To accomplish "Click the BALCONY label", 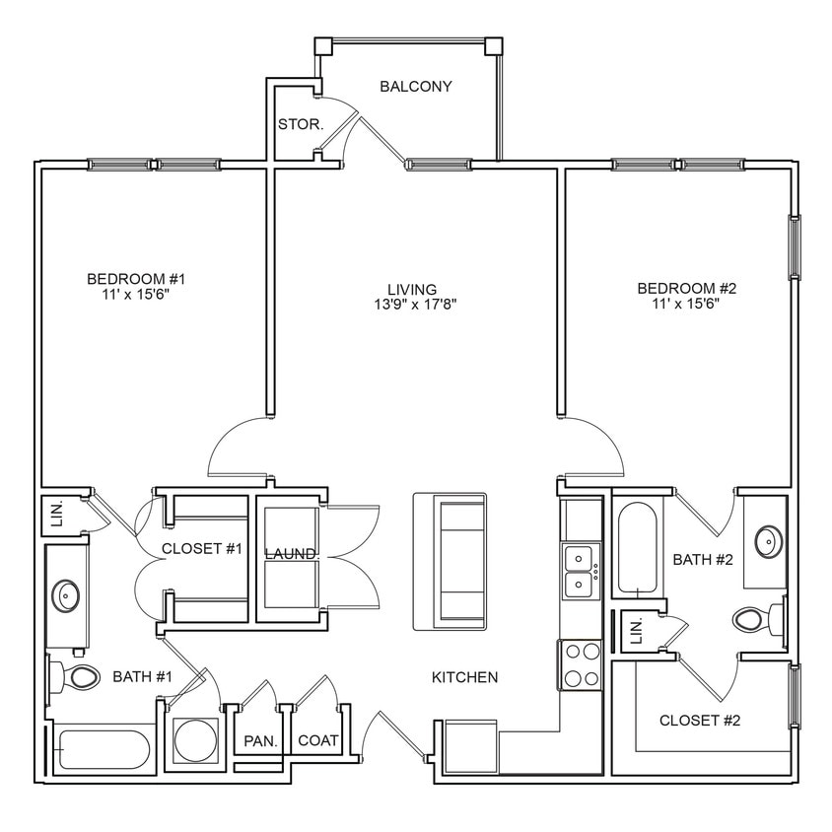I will (x=416, y=87).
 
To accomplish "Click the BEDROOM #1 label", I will (x=136, y=279).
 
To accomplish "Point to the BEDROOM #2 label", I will (x=687, y=289).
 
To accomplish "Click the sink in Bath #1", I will (x=67, y=594).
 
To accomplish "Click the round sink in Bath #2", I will (x=767, y=541).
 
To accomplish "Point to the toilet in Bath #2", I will (x=753, y=620).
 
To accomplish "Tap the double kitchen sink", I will (x=579, y=572).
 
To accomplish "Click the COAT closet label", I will (x=317, y=740).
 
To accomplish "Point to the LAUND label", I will (x=290, y=554).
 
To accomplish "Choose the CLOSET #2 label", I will (x=700, y=721).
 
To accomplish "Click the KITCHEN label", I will (x=464, y=677).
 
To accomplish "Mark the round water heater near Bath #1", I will (x=195, y=740).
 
